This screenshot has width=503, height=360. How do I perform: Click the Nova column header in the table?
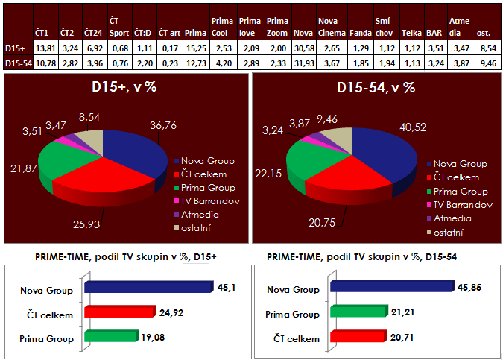coord(302,34)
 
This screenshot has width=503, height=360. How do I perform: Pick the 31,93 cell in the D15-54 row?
coord(303,63)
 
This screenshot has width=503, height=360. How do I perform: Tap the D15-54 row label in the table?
coord(17,63)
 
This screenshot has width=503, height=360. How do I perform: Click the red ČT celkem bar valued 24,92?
coord(118,312)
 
